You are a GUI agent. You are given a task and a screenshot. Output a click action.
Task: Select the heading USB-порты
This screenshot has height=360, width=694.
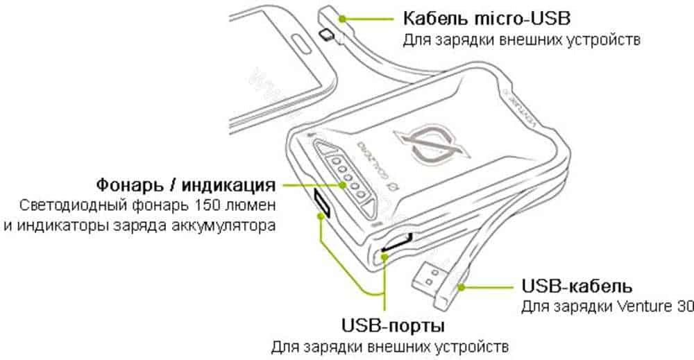tap(393, 325)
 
